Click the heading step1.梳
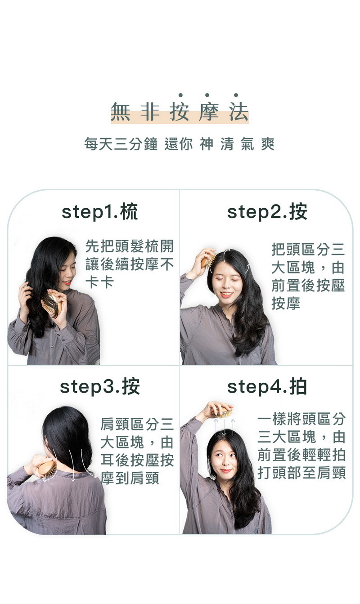pos(100,212)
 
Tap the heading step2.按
pos(267,212)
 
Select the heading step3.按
pos(100,386)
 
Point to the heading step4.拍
pos(267,386)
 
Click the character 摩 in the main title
pos(208,112)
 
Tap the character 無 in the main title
pos(120,112)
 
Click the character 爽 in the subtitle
pos(268,144)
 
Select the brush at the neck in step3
pos(47,468)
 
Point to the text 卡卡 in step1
pos(99,282)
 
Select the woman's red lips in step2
pos(226,295)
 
